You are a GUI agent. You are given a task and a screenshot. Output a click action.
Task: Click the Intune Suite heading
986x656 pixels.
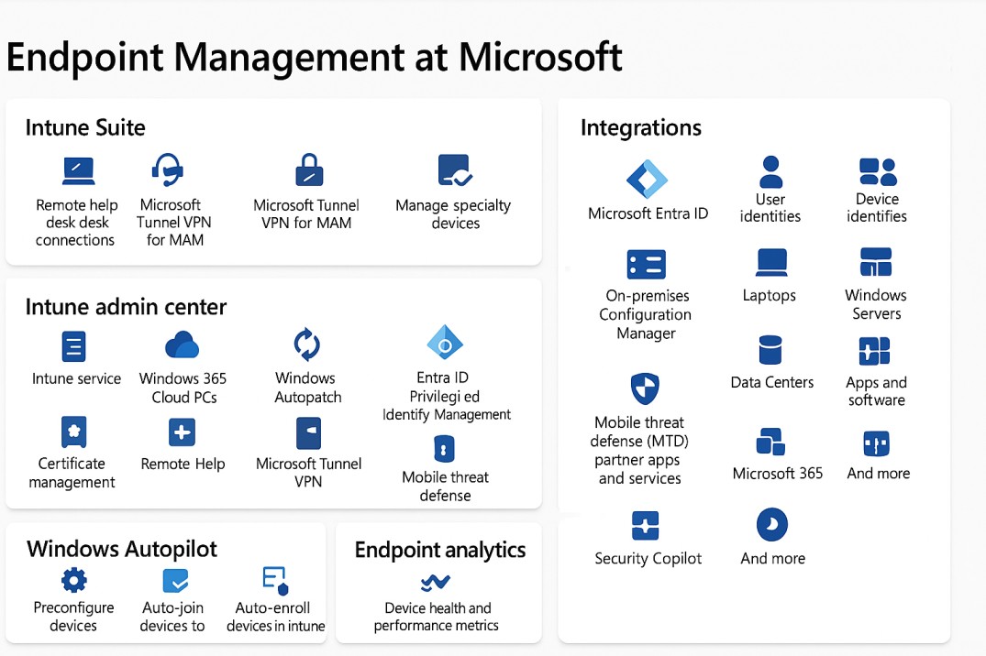[x=85, y=127]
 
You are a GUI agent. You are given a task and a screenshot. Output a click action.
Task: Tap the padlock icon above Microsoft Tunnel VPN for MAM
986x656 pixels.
[x=308, y=170]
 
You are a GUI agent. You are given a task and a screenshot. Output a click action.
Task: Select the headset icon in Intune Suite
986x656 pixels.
[x=167, y=170]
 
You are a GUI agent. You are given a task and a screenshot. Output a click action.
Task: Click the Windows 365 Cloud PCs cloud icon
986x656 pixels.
[x=182, y=344]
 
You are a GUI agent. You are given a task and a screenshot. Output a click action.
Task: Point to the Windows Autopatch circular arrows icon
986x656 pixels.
[x=306, y=344]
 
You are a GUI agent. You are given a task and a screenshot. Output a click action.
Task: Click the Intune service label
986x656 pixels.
[x=76, y=378]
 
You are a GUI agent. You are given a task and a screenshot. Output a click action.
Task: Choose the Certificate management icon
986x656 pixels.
[x=73, y=432]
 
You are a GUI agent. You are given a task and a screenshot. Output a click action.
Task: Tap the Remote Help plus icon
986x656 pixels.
[x=183, y=432]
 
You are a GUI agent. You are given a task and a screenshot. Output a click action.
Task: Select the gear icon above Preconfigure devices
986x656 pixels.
[x=73, y=579]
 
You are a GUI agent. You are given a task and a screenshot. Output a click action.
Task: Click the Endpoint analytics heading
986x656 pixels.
[x=440, y=550]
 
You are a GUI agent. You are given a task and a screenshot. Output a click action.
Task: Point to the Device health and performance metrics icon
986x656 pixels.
[x=435, y=582]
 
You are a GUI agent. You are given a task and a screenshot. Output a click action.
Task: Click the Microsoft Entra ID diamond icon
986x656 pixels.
[x=648, y=179]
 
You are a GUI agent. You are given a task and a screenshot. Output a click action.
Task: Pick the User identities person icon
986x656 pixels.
[x=771, y=171]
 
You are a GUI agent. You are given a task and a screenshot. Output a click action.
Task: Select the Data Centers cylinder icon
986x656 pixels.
[x=770, y=350]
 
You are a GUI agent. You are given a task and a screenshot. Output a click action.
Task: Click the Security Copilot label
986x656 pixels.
[x=648, y=559]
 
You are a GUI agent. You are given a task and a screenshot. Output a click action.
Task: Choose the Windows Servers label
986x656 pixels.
[x=876, y=304]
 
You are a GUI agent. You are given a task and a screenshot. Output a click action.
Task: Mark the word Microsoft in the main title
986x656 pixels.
[x=540, y=57]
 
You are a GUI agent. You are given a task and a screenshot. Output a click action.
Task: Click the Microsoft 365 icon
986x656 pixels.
[x=770, y=442]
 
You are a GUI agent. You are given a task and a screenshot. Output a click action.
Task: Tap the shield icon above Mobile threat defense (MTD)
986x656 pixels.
[x=645, y=388]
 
